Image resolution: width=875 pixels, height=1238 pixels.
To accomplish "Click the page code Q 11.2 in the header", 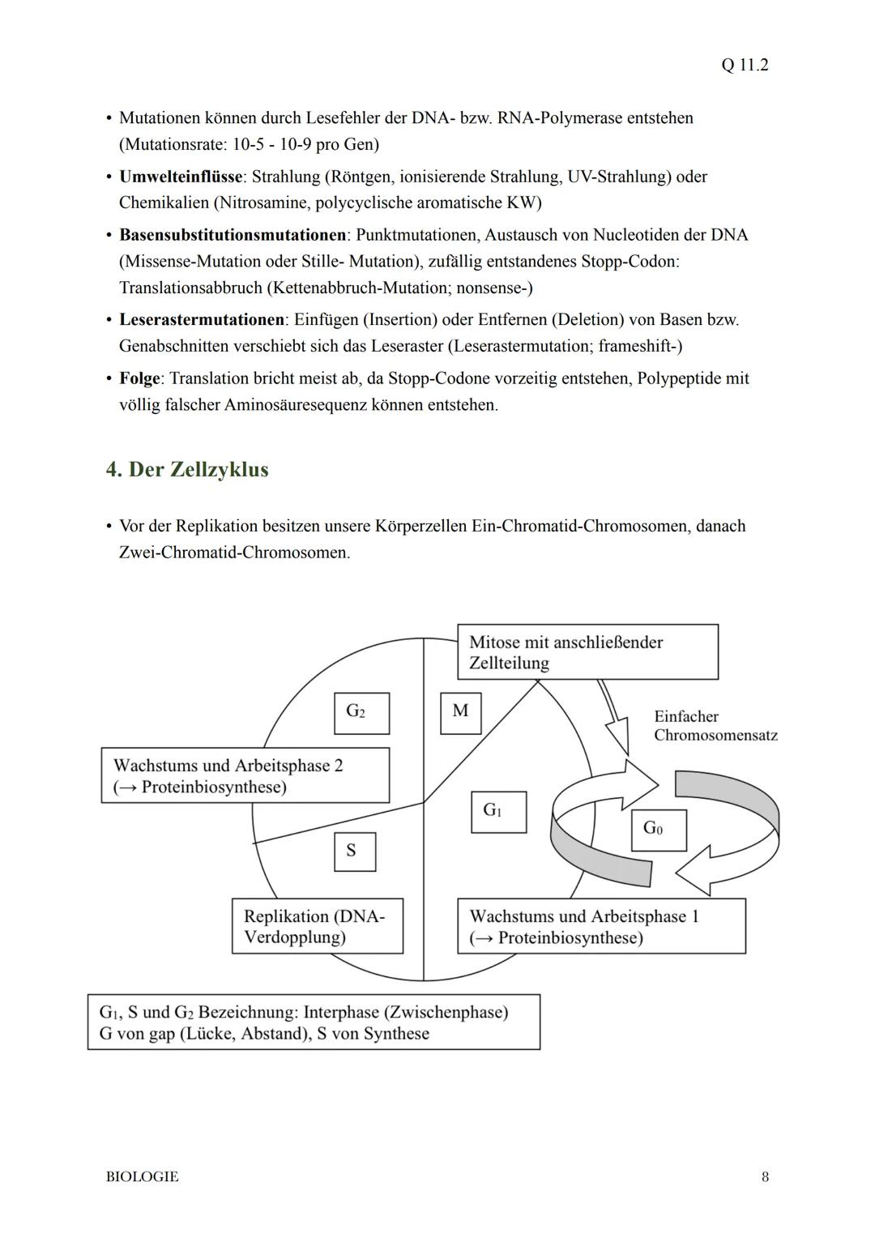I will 744,65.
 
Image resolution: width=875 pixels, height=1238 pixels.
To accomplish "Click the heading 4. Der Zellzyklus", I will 187,470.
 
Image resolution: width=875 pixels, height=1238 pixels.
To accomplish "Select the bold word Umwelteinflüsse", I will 180,177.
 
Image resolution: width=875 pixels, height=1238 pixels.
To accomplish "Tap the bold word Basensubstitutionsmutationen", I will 233,235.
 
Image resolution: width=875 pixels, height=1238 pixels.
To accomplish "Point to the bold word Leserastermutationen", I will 202,320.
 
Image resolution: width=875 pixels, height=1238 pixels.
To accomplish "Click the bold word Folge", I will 139,378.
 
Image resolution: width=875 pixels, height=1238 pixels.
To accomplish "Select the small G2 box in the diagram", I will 361,713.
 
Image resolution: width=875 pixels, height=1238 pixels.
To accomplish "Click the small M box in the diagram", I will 460,713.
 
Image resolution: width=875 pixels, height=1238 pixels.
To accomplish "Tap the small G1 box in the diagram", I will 498,812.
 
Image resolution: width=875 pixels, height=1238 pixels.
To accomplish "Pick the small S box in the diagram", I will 355,852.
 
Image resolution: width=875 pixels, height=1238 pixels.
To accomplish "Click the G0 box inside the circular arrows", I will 659,830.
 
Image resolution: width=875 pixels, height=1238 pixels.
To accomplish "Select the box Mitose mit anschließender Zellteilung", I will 587,652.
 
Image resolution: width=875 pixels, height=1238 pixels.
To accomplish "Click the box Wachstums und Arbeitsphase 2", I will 245,775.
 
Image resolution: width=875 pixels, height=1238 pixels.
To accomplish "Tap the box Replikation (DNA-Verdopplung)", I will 317,926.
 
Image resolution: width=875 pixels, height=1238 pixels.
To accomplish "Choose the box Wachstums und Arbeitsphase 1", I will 601,926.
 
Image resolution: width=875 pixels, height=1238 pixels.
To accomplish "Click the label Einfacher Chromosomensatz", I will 715,726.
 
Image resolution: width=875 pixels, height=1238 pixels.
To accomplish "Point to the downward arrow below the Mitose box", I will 617,721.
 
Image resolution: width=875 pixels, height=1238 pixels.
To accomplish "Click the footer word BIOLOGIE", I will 142,1176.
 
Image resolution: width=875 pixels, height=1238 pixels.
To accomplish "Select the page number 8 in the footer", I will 765,1176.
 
